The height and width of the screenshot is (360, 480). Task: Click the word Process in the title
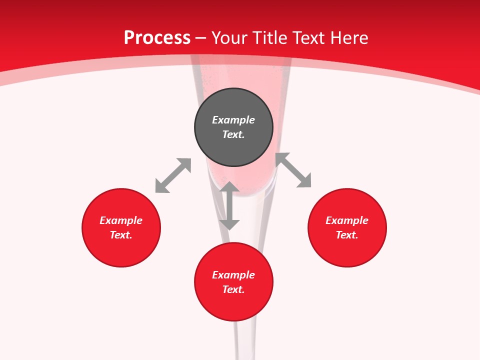pyautogui.click(x=157, y=38)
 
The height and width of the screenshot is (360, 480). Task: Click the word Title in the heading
pyautogui.click(x=271, y=38)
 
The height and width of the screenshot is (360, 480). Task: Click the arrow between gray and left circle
pyautogui.click(x=173, y=175)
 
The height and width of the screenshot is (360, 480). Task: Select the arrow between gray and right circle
pyautogui.click(x=293, y=170)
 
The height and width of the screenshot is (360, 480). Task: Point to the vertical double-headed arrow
pyautogui.click(x=229, y=206)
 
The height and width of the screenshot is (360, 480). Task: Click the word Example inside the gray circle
pyautogui.click(x=233, y=120)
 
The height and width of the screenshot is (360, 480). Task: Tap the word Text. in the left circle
pyautogui.click(x=121, y=235)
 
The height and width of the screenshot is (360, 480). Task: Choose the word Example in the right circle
pyautogui.click(x=347, y=220)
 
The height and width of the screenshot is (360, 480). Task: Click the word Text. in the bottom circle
pyautogui.click(x=233, y=289)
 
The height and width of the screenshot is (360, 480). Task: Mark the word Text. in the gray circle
pyautogui.click(x=233, y=134)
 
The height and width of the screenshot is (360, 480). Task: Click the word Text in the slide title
pyautogui.click(x=309, y=38)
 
